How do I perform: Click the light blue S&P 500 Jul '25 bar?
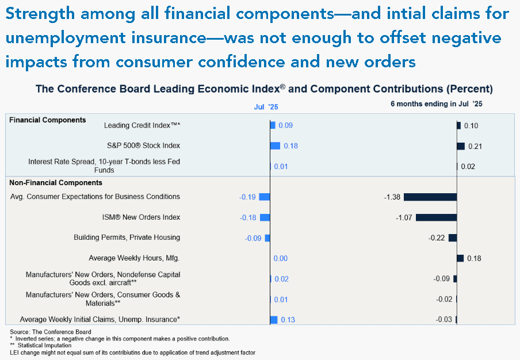(x=276, y=146)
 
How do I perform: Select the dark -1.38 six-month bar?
(x=430, y=197)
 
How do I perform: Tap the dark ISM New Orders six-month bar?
(x=436, y=217)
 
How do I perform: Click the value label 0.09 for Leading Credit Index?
(x=285, y=125)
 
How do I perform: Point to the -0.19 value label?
(x=247, y=197)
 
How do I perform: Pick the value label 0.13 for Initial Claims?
(x=288, y=320)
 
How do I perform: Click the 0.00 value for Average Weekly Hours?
(x=281, y=258)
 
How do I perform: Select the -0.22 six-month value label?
(x=437, y=238)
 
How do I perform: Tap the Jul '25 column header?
(x=266, y=107)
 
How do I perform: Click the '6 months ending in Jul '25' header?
(x=437, y=104)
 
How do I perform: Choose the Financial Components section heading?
(x=47, y=120)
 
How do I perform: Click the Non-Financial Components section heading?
(x=56, y=183)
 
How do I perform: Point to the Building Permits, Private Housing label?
(x=127, y=238)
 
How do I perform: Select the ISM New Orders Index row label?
(x=142, y=217)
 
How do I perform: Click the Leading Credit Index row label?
(x=142, y=125)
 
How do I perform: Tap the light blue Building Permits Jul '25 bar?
(x=267, y=238)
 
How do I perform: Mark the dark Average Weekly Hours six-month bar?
(x=460, y=258)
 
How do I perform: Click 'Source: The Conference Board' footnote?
(x=51, y=332)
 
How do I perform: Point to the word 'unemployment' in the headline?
(x=66, y=39)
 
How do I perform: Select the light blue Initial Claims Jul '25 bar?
(x=274, y=320)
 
